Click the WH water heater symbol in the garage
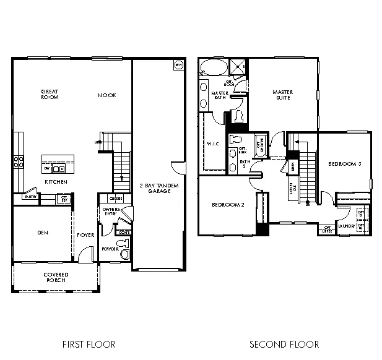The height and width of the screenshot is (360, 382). (x=179, y=64)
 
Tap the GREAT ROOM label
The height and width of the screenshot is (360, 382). (x=50, y=95)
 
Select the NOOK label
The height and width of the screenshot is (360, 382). (x=107, y=95)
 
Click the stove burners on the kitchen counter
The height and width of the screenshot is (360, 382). (x=18, y=162)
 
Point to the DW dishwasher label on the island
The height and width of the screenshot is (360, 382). (x=47, y=168)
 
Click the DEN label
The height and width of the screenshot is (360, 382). (x=43, y=233)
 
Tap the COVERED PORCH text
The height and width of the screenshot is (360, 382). (x=56, y=277)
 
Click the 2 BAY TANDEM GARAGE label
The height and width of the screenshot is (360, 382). (x=155, y=188)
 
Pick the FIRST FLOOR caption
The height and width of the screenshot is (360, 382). (x=89, y=344)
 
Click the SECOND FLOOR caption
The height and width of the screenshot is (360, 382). (x=284, y=344)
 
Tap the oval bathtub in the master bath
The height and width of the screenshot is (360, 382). (x=212, y=67)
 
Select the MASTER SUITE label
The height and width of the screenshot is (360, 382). (x=283, y=95)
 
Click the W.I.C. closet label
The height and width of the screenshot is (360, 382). (x=214, y=145)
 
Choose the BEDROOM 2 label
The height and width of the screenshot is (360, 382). (x=227, y=205)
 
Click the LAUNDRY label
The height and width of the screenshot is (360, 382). (x=345, y=226)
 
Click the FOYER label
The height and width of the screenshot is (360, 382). (x=85, y=235)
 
